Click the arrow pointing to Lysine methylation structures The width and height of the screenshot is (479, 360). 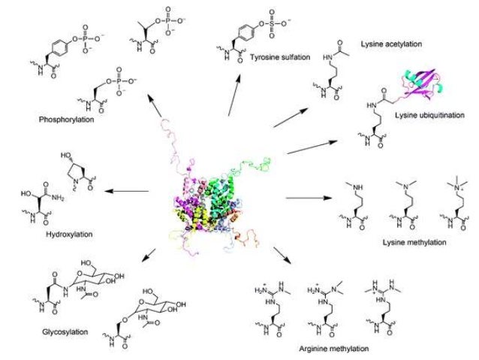[309, 199]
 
